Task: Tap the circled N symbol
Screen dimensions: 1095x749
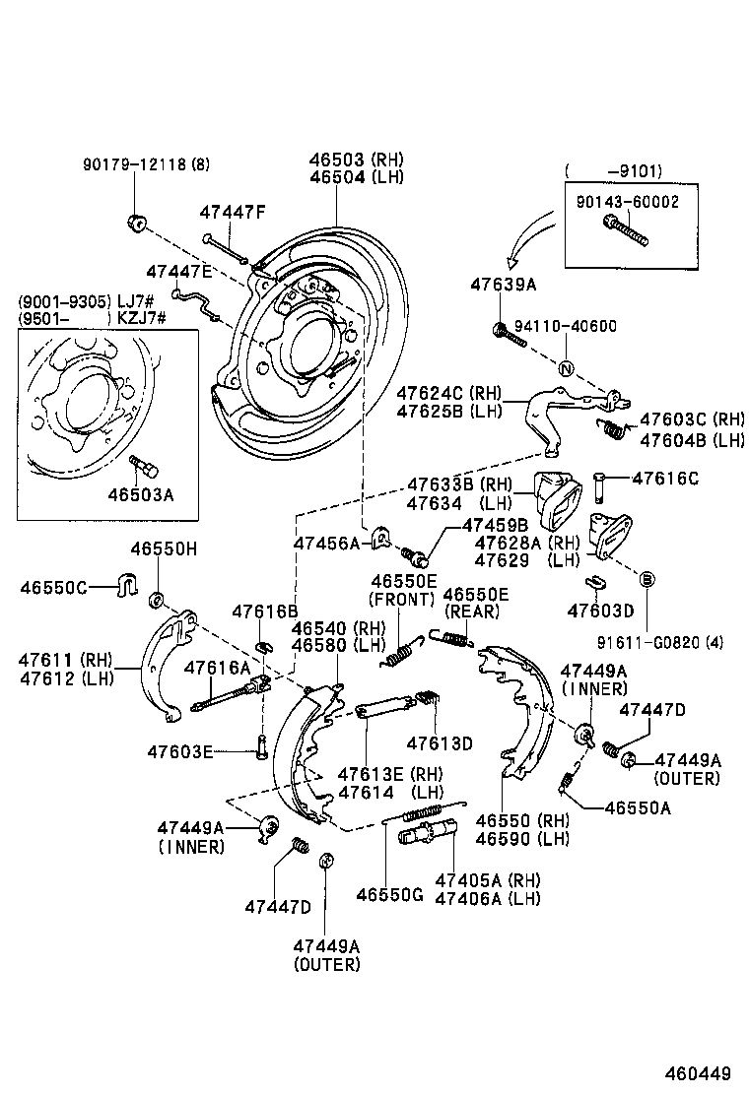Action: click(566, 370)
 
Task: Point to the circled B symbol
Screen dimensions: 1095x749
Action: click(647, 579)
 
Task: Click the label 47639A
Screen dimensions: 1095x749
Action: click(503, 285)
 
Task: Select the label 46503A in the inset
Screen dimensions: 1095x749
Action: click(141, 495)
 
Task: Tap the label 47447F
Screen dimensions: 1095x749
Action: click(233, 211)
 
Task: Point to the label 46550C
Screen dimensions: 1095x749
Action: click(55, 588)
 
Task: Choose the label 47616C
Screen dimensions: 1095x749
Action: click(664, 479)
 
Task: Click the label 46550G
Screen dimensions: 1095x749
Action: click(389, 895)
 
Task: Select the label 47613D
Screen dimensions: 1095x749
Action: click(441, 741)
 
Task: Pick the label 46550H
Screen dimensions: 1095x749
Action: click(165, 548)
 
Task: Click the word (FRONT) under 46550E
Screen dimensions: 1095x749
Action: click(401, 599)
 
